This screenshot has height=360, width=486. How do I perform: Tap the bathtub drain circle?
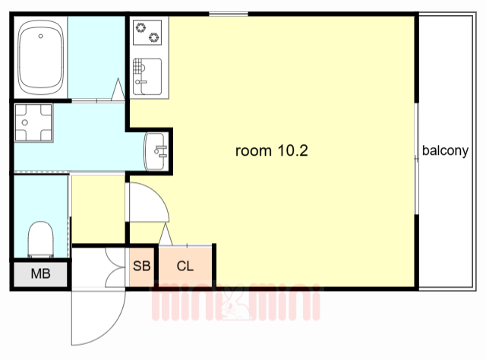point(40,36)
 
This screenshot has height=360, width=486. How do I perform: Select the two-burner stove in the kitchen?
point(147,33)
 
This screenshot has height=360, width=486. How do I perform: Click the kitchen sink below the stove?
point(147,76)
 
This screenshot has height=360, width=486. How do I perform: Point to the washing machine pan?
point(33,122)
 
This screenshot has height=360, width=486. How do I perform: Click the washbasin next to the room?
point(156,151)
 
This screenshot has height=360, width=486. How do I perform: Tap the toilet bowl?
point(40,239)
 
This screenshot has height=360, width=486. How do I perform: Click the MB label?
point(40,274)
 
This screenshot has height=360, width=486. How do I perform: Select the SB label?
point(142,266)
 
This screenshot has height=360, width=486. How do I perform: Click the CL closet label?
point(185,266)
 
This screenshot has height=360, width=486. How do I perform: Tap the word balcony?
point(446,150)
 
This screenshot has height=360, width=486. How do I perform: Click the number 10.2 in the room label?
point(293,150)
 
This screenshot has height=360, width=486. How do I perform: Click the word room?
point(254,152)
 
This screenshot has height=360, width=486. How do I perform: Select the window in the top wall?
point(229,14)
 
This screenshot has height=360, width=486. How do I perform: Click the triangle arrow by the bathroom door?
point(118,89)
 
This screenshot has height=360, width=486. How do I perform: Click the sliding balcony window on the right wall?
point(417,159)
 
